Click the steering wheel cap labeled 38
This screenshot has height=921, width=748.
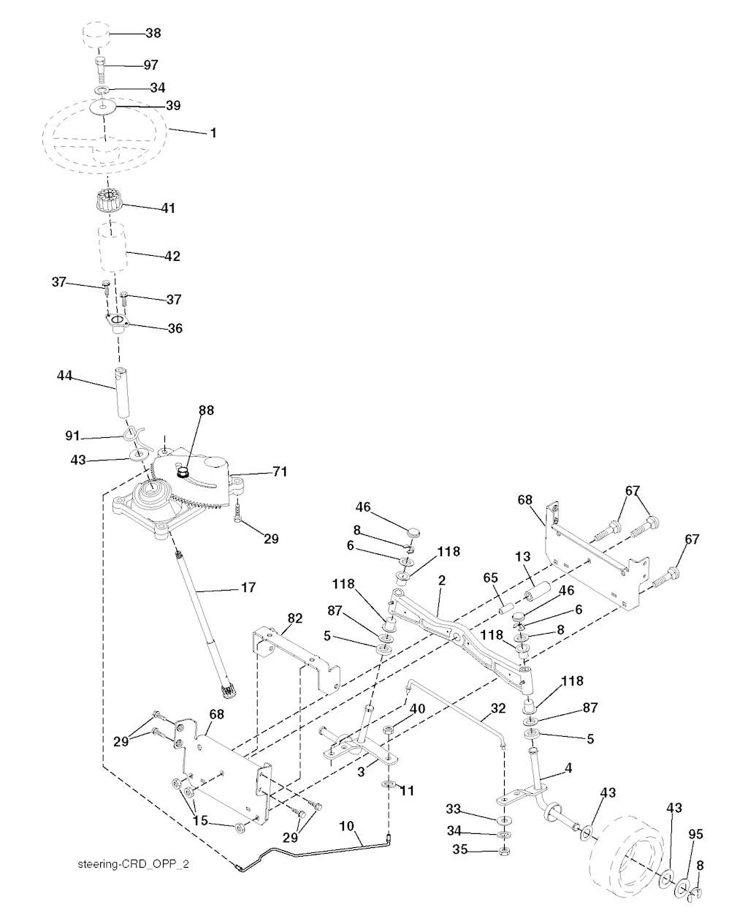(95, 35)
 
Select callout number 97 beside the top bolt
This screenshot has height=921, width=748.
(150, 65)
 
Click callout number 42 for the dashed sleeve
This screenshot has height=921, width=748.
(172, 257)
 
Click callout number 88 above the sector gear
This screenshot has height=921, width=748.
(206, 411)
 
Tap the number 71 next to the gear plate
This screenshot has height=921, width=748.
(260, 473)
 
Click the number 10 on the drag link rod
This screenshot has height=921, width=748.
(346, 826)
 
